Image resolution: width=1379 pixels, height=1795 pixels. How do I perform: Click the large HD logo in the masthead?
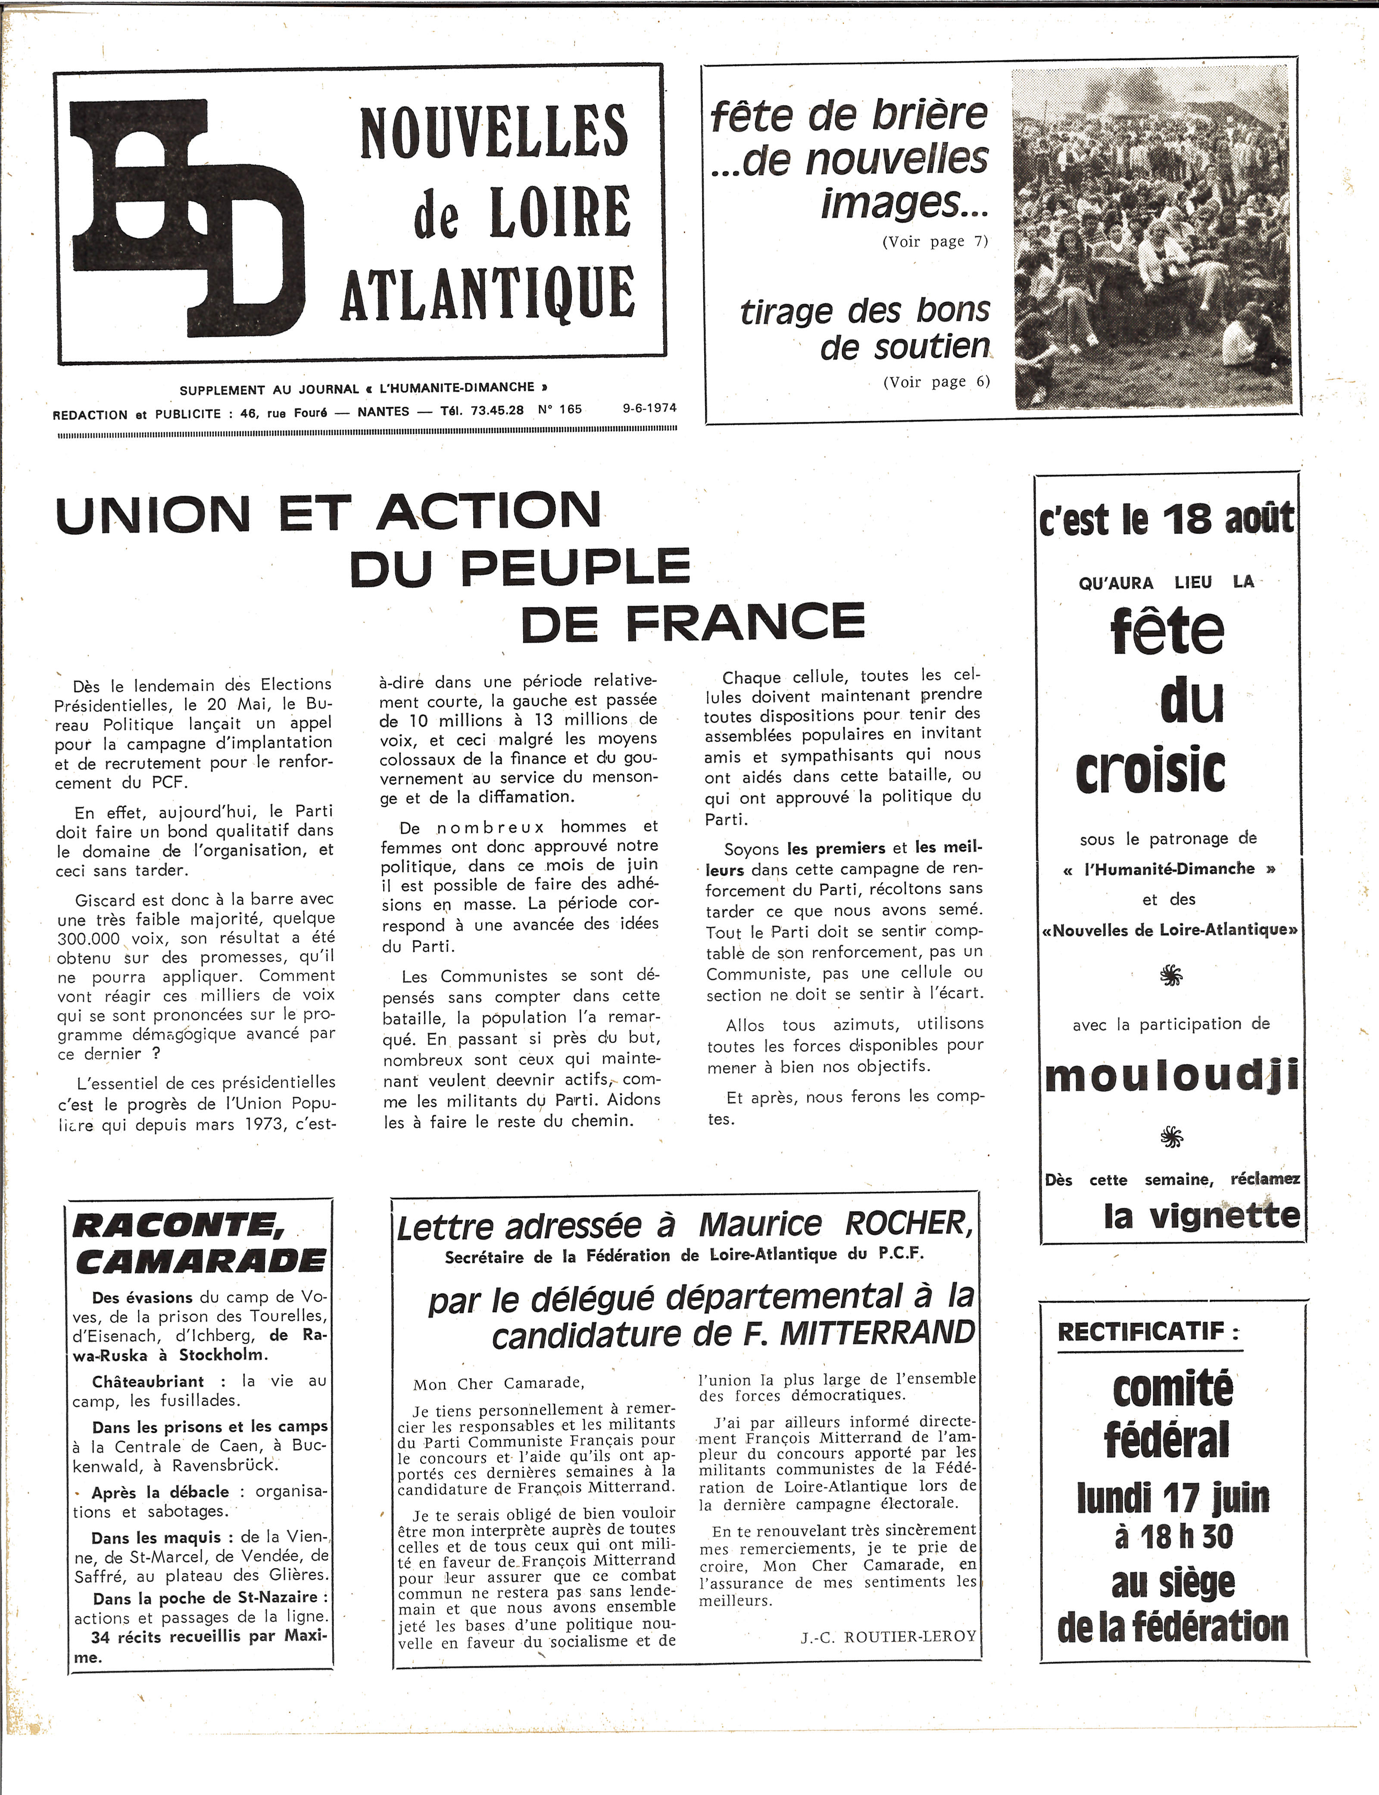[x=185, y=217]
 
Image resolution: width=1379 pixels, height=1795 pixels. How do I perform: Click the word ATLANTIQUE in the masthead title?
[x=488, y=293]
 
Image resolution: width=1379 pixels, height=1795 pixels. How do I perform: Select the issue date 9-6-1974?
[x=649, y=409]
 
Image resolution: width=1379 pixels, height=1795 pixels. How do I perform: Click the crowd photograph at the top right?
[x=1151, y=238]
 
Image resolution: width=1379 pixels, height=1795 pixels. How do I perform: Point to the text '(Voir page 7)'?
[x=935, y=241]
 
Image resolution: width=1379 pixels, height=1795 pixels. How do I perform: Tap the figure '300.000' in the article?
[x=89, y=938]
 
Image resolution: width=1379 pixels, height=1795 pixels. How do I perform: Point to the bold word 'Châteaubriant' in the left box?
[x=148, y=1382]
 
